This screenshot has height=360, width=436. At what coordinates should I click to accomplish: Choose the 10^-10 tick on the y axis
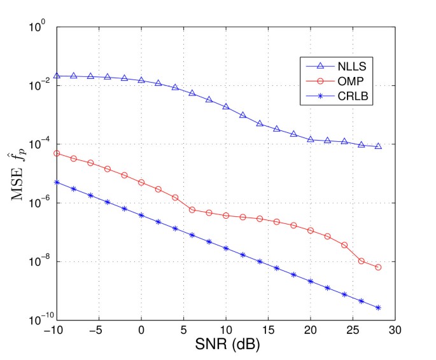(x=39, y=321)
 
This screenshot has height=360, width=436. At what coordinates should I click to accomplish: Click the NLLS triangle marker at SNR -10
(x=57, y=76)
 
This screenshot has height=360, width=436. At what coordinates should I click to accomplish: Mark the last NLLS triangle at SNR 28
(x=378, y=146)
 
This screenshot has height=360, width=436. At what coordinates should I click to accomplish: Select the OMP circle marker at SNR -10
(x=57, y=153)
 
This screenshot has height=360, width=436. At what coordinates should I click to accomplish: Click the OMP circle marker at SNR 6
(x=192, y=210)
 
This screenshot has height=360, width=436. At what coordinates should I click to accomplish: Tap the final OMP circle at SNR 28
(x=378, y=267)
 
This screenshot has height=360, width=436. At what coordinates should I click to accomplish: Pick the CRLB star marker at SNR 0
(x=141, y=215)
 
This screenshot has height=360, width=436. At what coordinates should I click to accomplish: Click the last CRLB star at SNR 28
(x=378, y=308)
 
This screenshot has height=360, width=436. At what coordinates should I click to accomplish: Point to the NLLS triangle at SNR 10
(x=226, y=106)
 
